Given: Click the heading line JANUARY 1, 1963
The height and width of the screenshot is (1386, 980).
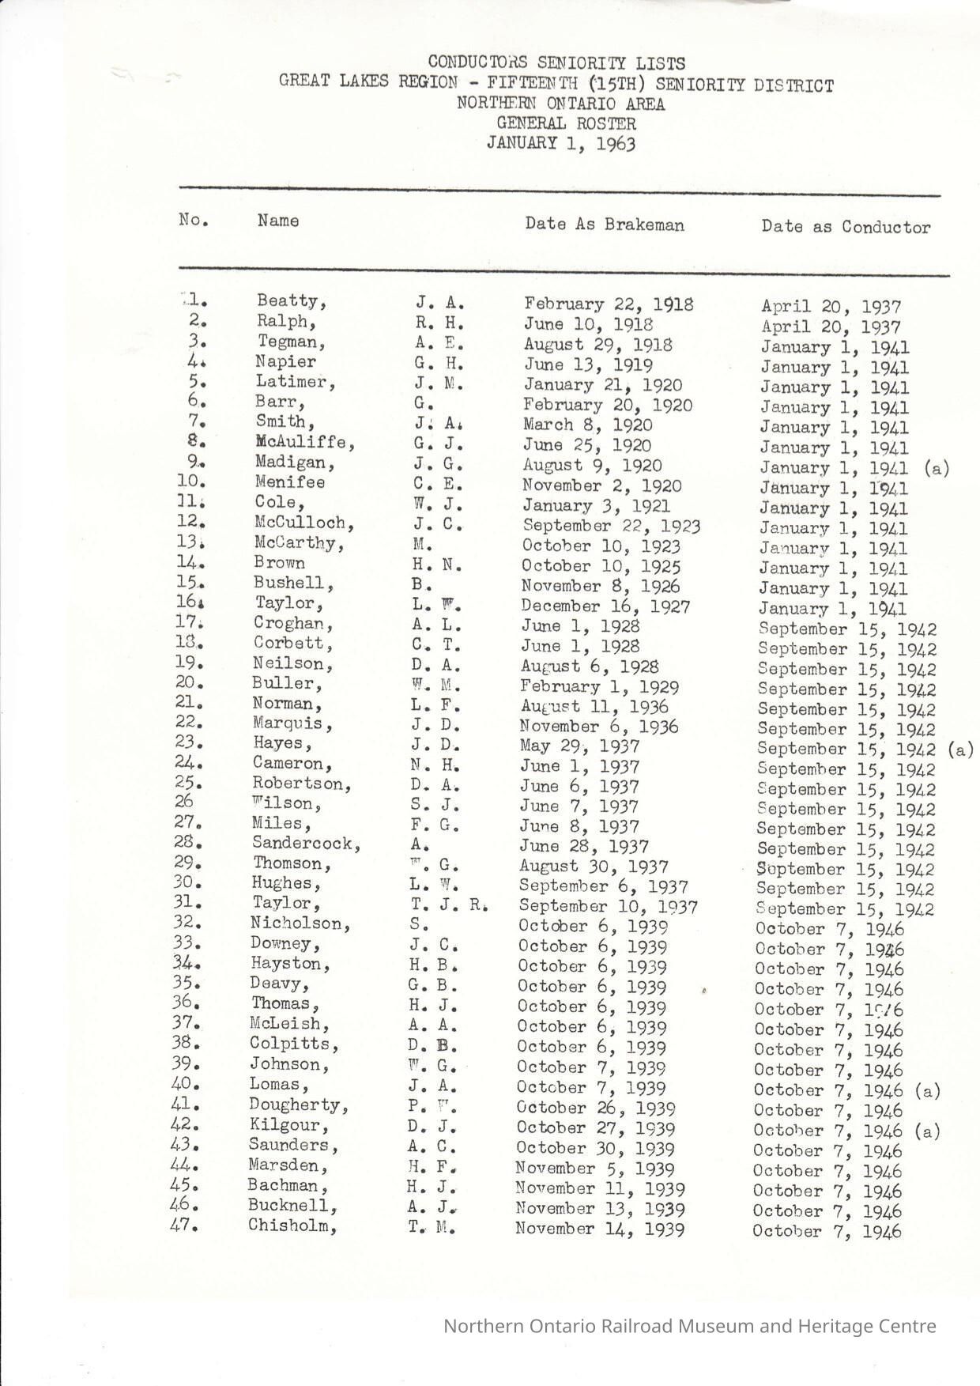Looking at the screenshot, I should tap(561, 143).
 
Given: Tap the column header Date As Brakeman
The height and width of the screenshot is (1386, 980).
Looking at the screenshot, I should tap(605, 225).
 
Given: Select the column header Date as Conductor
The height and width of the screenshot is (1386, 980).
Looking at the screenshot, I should tap(846, 227).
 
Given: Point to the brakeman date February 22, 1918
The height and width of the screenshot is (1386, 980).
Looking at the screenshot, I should tap(609, 304).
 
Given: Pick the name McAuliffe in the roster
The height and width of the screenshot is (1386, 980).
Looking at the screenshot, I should tap(305, 442).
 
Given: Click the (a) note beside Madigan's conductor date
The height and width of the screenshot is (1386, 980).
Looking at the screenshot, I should tap(936, 468).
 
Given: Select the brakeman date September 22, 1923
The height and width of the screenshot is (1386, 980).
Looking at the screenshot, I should tap(611, 526).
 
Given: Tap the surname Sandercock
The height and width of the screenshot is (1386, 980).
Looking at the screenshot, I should tap(306, 844).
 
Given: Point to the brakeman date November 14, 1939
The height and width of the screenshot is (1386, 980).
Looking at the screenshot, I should tap(600, 1229).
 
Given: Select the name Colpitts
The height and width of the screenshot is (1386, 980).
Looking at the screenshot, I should tap(294, 1044).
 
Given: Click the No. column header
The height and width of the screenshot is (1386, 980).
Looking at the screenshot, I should tap(194, 220).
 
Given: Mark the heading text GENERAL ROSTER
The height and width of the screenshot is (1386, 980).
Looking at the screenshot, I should tap(566, 123).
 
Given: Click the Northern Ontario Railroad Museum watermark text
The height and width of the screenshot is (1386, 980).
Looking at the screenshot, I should tap(689, 1326).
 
